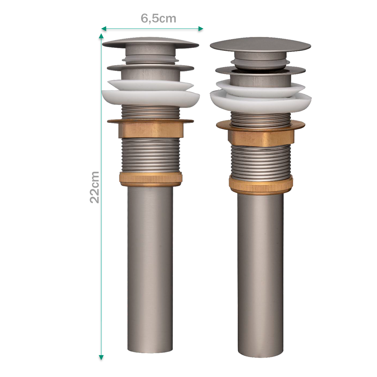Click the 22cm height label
(94, 187)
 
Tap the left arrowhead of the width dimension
(104, 29)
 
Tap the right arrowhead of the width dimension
(201, 29)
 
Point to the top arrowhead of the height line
(101, 36)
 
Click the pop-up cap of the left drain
(151, 43)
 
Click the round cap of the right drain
(260, 45)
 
